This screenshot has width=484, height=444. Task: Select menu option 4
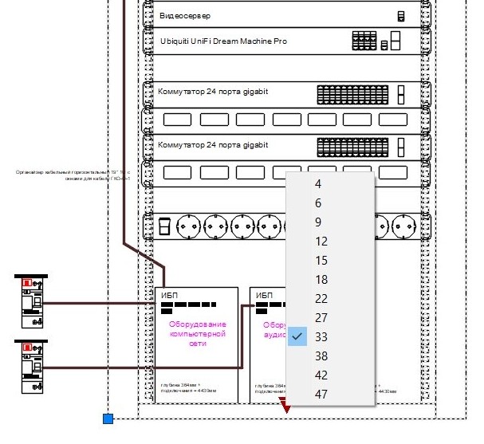318,184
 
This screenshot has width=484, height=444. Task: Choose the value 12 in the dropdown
321,242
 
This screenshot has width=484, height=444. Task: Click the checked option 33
321,337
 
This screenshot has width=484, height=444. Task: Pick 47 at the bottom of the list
321,395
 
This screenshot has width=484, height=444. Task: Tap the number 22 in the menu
321,299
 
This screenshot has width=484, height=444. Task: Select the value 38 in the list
321,356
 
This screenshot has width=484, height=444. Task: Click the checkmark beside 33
297,337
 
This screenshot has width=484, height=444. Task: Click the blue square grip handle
108,418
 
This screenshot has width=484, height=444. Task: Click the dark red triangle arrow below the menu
287,409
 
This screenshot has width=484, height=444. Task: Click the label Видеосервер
185,16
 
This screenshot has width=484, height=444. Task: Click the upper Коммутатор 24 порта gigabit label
212,92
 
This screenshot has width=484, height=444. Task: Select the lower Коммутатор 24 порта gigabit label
212,145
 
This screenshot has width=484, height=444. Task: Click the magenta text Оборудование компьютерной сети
198,334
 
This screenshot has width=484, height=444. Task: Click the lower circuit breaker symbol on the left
32,365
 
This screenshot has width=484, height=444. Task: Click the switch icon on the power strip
164,227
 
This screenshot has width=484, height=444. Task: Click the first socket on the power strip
190,227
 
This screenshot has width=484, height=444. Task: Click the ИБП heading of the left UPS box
169,295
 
